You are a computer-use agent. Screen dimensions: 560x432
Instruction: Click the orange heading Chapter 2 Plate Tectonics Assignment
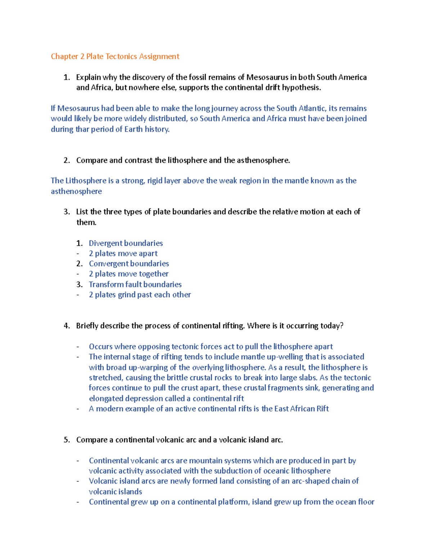pos(115,56)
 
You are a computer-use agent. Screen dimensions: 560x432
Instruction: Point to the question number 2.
pos(66,160)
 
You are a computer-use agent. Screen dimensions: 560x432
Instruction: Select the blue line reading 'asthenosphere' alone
pos(76,191)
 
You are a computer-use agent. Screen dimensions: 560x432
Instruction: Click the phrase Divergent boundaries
pos(126,243)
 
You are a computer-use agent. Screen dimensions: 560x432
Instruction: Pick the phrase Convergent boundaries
pos(129,264)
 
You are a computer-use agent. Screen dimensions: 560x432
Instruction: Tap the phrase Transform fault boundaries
pos(135,284)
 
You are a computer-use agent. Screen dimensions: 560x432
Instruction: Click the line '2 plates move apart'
pos(123,253)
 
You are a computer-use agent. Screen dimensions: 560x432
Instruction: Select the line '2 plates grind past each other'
pos(140,295)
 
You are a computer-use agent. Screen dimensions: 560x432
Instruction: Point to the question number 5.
pos(66,440)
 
